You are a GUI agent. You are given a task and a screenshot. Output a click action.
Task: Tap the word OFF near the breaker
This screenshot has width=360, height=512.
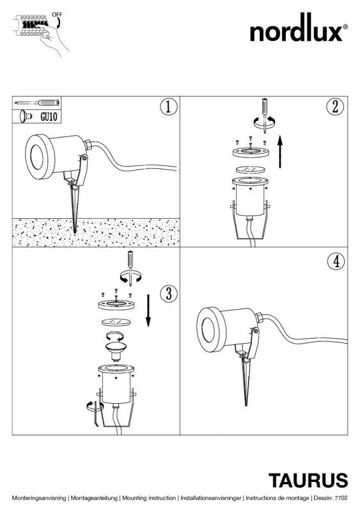tap(57, 15)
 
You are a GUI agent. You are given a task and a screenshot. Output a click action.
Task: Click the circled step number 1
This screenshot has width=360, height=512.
tap(169, 107)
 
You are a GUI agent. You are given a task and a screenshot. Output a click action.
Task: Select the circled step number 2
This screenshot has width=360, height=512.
tap(335, 106)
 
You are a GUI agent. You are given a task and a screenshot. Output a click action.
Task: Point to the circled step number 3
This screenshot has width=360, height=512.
tap(169, 293)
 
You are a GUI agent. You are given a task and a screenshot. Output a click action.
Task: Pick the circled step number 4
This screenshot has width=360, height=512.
tap(336, 261)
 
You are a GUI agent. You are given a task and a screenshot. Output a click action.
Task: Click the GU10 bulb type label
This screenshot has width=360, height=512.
tap(49, 116)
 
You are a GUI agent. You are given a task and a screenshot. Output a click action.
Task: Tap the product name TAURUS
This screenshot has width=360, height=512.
tap(308, 481)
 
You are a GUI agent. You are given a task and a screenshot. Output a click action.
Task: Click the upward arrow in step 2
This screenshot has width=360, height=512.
tap(280, 152)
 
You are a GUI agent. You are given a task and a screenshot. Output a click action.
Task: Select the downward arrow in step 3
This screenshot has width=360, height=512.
tap(148, 310)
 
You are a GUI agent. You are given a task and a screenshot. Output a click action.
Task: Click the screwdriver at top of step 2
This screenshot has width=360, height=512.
tap(265, 115)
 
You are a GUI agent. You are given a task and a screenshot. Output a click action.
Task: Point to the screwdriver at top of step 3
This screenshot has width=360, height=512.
tap(130, 267)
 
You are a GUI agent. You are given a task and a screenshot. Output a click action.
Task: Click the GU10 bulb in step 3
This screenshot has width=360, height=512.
tap(115, 351)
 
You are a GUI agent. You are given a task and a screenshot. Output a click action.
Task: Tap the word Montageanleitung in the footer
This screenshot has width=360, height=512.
tap(94, 498)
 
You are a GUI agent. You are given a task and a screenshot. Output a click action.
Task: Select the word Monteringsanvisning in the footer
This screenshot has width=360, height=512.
tap(39, 498)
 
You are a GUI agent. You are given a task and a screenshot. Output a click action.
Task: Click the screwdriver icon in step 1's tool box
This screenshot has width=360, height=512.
tap(37, 103)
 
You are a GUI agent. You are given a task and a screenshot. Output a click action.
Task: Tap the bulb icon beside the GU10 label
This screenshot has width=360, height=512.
tap(25, 116)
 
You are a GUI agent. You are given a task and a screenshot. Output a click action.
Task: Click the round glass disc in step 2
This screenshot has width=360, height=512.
tap(250, 170)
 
